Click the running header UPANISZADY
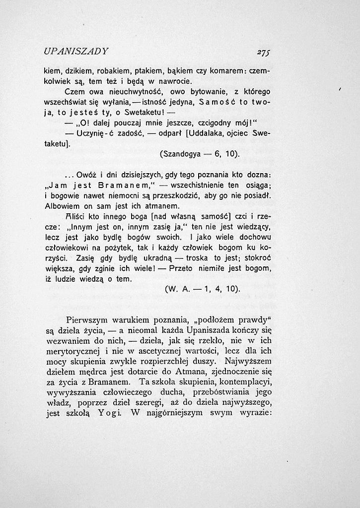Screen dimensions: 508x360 [x=76, y=51]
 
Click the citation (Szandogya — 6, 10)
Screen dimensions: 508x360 [x=199, y=154]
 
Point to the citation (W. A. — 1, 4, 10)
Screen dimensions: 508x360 [x=202, y=289]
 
